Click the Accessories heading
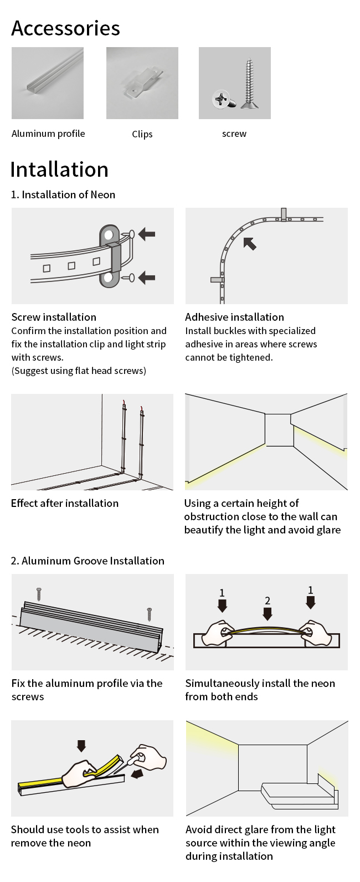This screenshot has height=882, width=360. click(65, 28)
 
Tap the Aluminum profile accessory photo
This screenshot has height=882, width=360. click(48, 83)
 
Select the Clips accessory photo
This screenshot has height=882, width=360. click(142, 83)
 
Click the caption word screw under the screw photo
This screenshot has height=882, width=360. click(234, 134)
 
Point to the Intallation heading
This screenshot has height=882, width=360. click(59, 170)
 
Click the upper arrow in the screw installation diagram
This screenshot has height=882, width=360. click(147, 234)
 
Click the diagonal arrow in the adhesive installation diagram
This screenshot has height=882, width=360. click(250, 243)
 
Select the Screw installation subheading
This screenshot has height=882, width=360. click(54, 317)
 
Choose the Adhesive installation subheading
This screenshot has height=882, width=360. click(234, 317)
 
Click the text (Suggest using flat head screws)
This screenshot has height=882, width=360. click(79, 371)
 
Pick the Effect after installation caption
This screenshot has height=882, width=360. click(65, 503)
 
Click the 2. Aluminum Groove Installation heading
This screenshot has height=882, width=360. click(88, 561)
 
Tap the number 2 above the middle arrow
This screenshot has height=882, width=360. click(268, 601)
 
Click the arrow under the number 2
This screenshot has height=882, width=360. click(268, 613)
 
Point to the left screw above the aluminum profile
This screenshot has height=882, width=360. click(39, 594)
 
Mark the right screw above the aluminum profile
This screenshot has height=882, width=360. click(150, 613)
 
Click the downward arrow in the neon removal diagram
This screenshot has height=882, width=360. click(81, 746)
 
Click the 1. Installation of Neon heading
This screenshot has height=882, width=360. click(63, 194)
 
